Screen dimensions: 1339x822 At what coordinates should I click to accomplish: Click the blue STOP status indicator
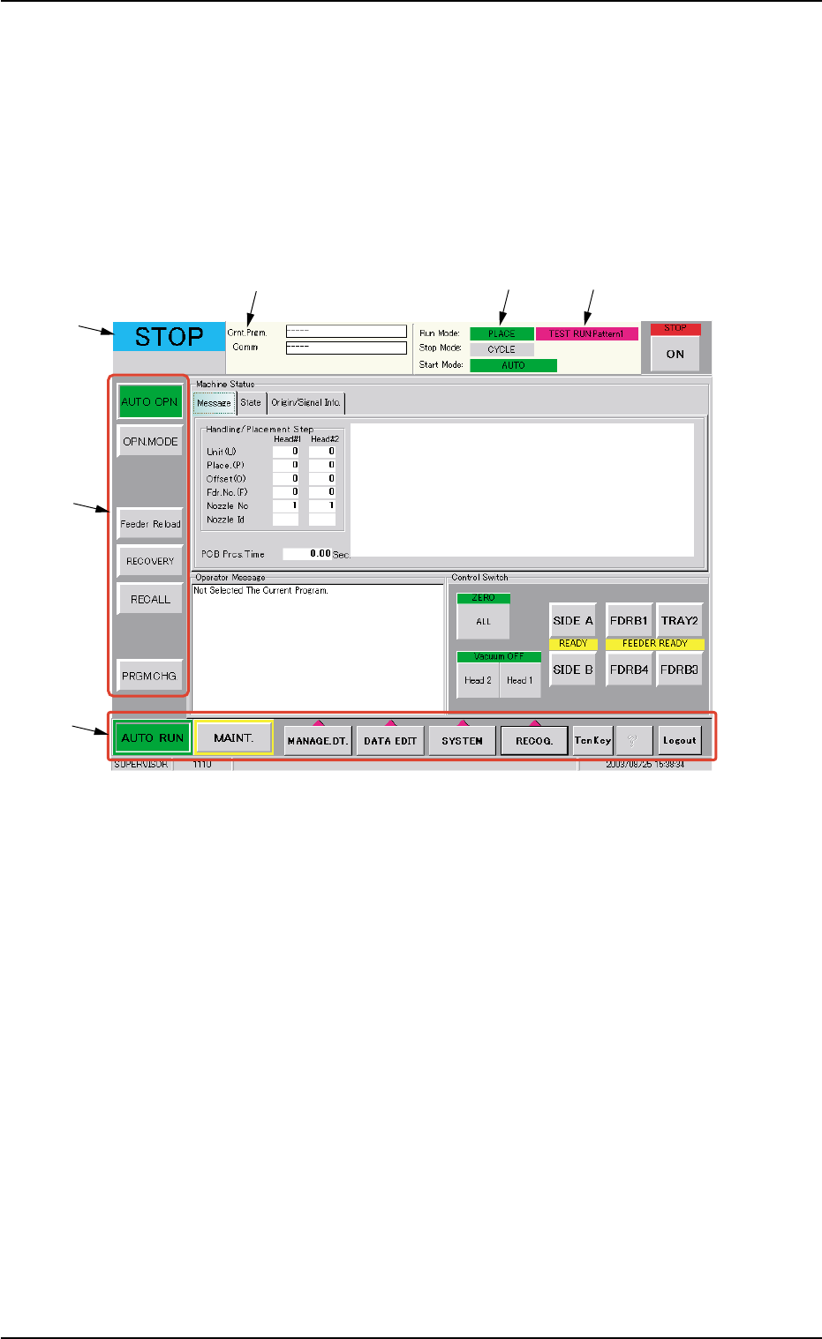click(169, 336)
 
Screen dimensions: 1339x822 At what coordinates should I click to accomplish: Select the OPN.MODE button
click(150, 441)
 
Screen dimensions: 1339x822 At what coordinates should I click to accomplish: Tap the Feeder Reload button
click(150, 523)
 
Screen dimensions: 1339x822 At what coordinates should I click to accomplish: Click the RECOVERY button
click(150, 561)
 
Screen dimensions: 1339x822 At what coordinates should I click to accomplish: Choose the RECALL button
click(150, 599)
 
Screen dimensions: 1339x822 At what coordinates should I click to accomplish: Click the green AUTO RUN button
click(152, 737)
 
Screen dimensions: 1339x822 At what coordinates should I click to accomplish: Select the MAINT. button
click(234, 737)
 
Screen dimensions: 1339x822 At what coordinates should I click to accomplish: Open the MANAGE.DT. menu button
click(317, 741)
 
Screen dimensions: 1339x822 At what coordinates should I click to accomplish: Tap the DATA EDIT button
click(390, 741)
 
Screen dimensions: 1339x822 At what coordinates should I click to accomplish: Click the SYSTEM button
click(462, 741)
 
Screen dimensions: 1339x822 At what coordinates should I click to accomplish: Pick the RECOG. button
click(534, 741)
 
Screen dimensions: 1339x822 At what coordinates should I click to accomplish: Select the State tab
click(251, 402)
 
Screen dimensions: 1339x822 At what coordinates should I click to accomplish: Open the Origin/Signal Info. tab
click(305, 402)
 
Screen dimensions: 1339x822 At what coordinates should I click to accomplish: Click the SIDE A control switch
click(572, 620)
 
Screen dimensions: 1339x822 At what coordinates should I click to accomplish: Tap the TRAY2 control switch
click(679, 620)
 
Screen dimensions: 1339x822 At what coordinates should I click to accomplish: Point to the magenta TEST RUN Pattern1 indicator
click(586, 333)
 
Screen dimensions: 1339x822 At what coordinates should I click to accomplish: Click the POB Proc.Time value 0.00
click(307, 554)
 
